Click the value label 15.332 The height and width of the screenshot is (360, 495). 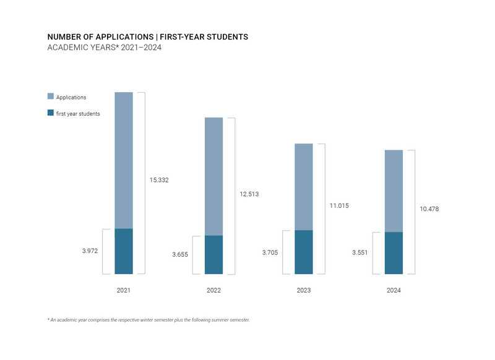[x=159, y=180]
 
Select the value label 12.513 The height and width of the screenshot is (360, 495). [x=249, y=194]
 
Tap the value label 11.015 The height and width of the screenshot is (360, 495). [x=339, y=205]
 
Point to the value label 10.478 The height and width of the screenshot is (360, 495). [x=429, y=209]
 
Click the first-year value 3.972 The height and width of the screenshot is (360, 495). [x=90, y=251]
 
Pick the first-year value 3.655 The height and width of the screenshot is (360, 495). [x=180, y=254]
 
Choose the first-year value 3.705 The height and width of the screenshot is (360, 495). [x=270, y=252]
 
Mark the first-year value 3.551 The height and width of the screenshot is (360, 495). [x=360, y=253]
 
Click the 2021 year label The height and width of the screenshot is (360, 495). [x=124, y=290]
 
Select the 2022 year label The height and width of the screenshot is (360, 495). [x=213, y=290]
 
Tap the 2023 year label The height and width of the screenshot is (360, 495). [x=304, y=290]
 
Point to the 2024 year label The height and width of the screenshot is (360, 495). [x=394, y=290]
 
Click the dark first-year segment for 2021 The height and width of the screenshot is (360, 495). [x=124, y=251]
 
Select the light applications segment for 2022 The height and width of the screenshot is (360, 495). [x=213, y=176]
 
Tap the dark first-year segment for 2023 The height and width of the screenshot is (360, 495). [x=304, y=252]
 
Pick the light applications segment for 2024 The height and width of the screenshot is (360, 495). [x=394, y=191]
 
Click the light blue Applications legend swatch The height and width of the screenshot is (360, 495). [x=51, y=97]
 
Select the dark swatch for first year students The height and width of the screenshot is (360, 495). [x=51, y=113]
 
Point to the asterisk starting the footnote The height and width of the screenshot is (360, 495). [x=48, y=319]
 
